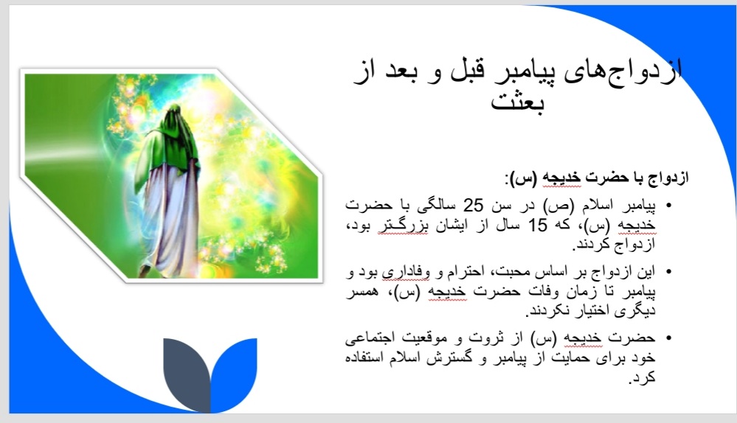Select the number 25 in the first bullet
tap(474, 205)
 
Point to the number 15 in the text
tap(538, 226)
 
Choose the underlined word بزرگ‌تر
tap(404, 226)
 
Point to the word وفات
tap(544, 291)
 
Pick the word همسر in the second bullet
tap(362, 292)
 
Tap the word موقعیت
tap(421, 338)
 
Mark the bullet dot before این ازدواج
tap(669, 271)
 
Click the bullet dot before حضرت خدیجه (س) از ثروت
tap(669, 338)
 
